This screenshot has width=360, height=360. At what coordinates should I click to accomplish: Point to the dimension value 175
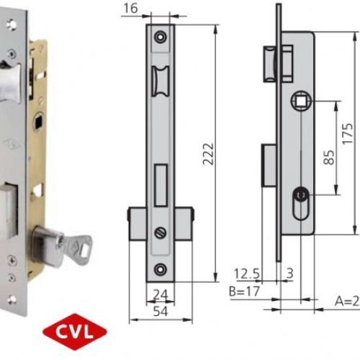(348, 134)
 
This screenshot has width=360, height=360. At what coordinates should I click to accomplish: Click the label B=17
(246, 292)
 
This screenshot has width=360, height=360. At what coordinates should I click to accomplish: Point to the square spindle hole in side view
(299, 102)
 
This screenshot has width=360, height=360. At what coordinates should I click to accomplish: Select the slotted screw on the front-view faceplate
(160, 232)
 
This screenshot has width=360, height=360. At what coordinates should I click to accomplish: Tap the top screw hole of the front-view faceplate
(160, 35)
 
